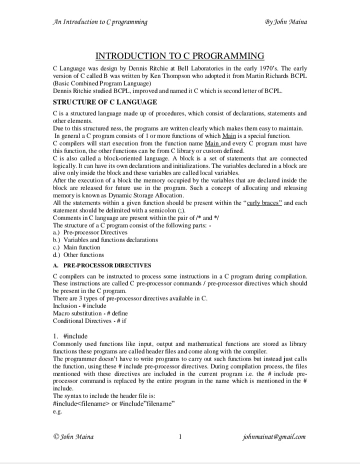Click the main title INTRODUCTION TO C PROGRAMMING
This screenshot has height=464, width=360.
click(179, 55)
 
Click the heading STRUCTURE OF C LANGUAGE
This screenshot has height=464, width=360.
click(105, 102)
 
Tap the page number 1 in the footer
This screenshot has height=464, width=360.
click(179, 436)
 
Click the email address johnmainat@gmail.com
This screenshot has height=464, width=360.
click(273, 436)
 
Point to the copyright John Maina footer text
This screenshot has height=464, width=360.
click(73, 436)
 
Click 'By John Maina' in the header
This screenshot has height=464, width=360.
click(286, 21)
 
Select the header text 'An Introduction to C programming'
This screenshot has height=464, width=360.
click(100, 21)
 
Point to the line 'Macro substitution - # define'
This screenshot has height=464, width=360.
click(86, 313)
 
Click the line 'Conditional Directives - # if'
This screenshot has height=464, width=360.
click(89, 320)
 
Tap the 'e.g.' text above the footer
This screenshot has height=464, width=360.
click(56, 411)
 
